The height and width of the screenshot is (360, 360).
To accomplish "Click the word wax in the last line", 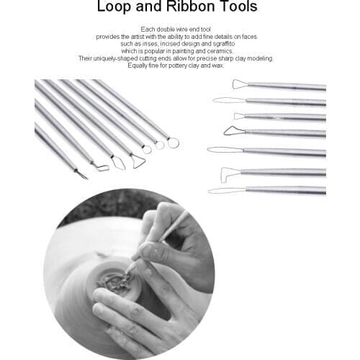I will [x=218, y=66].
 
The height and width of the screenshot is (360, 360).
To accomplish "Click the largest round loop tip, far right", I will [x=173, y=143].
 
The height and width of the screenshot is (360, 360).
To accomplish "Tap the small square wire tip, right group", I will [x=239, y=116].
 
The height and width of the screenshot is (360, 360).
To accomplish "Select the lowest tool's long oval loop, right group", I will [x=225, y=190].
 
